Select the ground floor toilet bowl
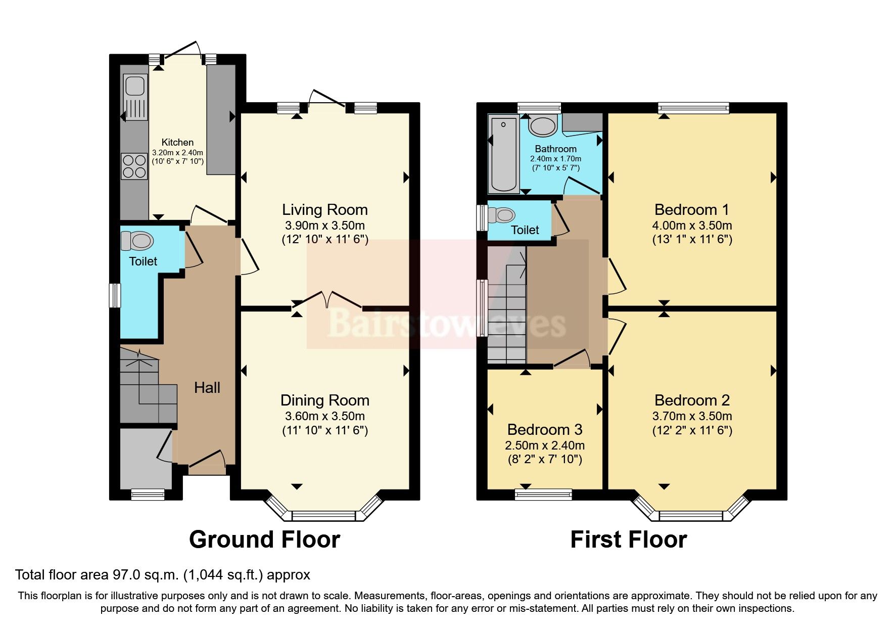click(x=137, y=241)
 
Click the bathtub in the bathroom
click(x=504, y=154)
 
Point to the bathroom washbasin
click(x=543, y=126)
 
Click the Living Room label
click(x=324, y=209)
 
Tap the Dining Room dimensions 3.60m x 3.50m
click(x=324, y=416)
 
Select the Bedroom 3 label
click(x=545, y=429)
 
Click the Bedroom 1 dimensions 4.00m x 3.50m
click(x=692, y=226)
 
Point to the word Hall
click(x=207, y=388)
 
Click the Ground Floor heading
click(x=264, y=540)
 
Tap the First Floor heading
click(x=628, y=540)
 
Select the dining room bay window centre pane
click(x=324, y=516)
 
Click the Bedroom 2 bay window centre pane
click(x=691, y=516)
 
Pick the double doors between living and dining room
click(x=327, y=301)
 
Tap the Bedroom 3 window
click(x=543, y=494)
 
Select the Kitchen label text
click(x=177, y=143)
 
